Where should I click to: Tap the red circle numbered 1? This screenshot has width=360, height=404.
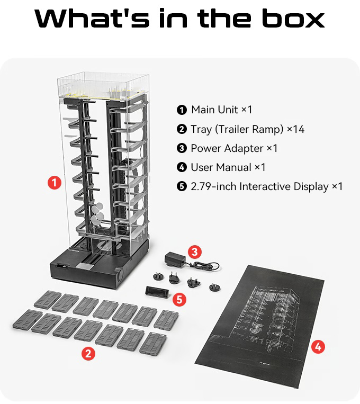(x=54, y=183)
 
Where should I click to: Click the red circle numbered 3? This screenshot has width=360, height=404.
(x=195, y=251)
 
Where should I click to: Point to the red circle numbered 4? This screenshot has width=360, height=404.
(x=318, y=347)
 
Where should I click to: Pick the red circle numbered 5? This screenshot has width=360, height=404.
(x=180, y=299)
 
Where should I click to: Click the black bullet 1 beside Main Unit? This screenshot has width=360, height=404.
(x=182, y=110)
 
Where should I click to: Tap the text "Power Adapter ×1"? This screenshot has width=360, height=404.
(x=234, y=148)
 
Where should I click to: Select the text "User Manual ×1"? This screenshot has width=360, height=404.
(x=228, y=167)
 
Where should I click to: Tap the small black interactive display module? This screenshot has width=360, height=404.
(x=157, y=292)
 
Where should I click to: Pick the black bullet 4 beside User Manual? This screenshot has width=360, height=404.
(x=182, y=168)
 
